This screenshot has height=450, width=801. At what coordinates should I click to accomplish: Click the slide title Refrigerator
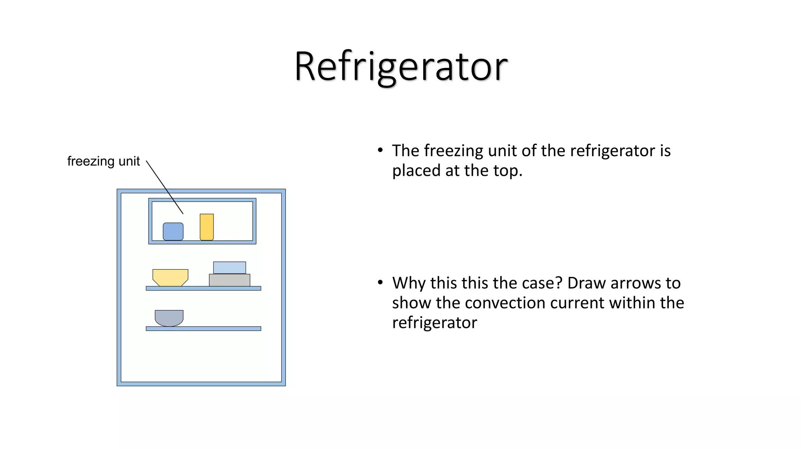[x=400, y=66]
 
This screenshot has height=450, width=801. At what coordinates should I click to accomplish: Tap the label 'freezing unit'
[x=103, y=161]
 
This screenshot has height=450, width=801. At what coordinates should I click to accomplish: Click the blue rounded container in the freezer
[x=173, y=231]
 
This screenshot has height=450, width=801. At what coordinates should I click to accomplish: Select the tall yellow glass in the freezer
[x=207, y=227]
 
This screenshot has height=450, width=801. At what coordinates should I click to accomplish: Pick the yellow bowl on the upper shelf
[x=170, y=277]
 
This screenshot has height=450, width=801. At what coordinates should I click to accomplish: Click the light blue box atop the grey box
[x=230, y=268]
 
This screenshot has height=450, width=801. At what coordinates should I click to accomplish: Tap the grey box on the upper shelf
[x=230, y=280]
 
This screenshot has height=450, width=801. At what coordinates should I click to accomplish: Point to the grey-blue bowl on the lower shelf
[x=169, y=318]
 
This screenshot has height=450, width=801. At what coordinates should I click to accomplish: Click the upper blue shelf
[x=203, y=288]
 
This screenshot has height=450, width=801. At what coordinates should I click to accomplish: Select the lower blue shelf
[x=203, y=329]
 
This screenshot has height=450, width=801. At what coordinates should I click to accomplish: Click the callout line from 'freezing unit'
[x=165, y=187]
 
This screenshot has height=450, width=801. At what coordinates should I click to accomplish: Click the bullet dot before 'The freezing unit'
[x=380, y=150]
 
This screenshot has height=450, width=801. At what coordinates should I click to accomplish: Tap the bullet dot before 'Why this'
[x=380, y=282]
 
